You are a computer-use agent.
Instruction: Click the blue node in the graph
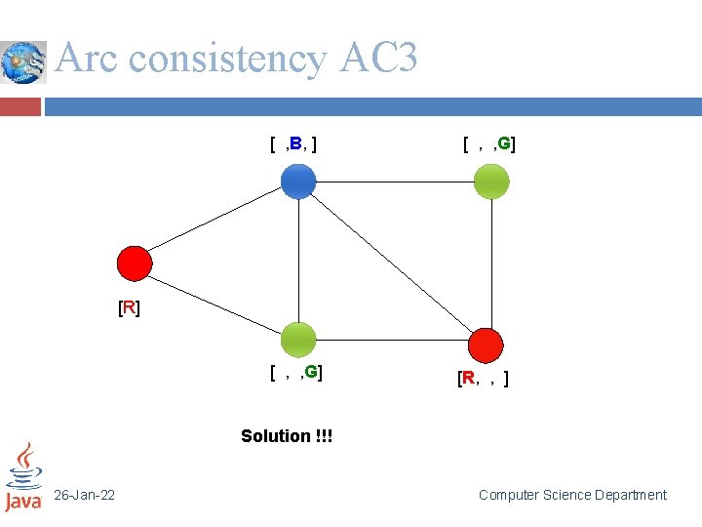298,182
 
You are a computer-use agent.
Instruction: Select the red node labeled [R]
135,263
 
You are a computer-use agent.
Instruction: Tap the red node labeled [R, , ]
486,345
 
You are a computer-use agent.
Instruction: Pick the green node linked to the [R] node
298,340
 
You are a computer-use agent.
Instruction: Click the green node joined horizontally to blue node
490,182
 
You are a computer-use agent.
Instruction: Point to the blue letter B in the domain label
294,145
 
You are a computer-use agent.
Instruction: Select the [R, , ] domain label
483,378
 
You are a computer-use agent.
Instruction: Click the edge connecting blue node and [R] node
216,223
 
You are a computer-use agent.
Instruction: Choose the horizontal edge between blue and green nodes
395,182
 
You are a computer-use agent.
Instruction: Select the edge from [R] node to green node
216,302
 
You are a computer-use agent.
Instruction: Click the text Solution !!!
287,436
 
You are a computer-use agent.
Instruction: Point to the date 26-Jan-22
84,496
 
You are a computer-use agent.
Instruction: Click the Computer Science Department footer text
572,495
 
